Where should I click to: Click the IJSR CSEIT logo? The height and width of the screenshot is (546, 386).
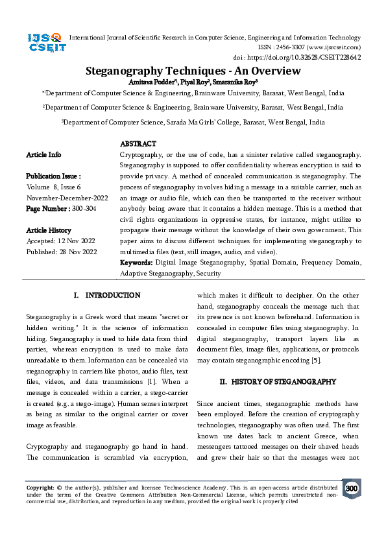44,43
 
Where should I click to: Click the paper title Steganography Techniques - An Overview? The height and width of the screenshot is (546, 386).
193,71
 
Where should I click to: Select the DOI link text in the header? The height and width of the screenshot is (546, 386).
323,57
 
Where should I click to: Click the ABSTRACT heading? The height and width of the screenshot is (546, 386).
138,144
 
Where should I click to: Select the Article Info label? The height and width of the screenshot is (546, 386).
43,154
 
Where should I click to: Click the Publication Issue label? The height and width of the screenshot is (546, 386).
53,176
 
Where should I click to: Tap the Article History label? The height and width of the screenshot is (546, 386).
49,230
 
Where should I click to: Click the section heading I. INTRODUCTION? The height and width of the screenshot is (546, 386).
107,295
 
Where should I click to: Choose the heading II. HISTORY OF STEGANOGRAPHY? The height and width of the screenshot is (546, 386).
278,382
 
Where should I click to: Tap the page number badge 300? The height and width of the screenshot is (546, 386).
351,488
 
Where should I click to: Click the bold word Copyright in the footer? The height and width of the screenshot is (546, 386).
40,487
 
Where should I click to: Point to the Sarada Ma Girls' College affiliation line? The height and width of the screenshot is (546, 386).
193,121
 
